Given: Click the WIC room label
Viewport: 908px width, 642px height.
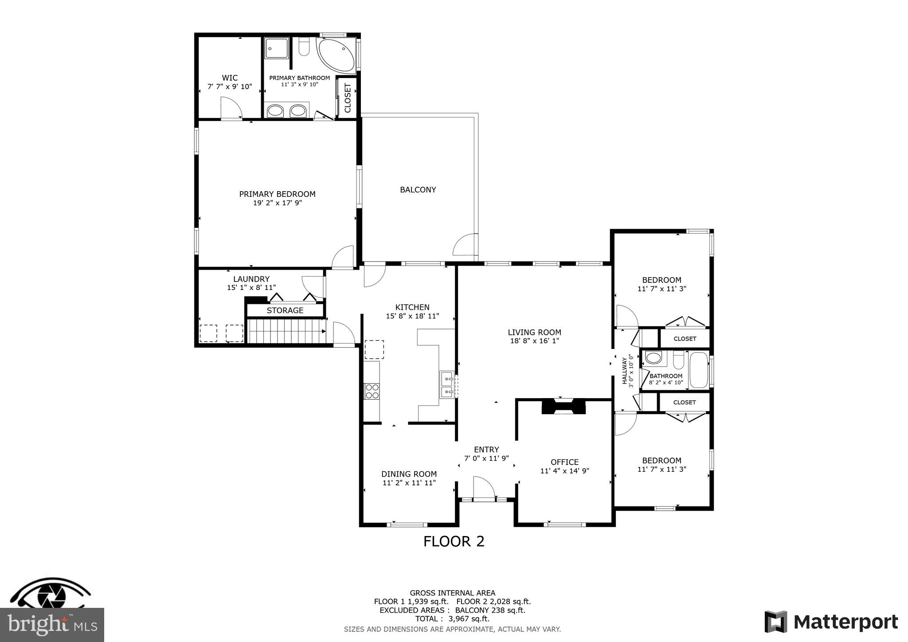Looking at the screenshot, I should coord(230,78).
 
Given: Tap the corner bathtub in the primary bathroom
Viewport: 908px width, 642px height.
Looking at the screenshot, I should coord(336,55).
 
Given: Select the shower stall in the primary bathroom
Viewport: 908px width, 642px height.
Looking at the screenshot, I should coord(277,48).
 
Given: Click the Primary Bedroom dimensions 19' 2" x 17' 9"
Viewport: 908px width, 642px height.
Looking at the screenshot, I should coord(277,203).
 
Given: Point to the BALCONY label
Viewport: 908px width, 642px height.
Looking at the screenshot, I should coord(418,190).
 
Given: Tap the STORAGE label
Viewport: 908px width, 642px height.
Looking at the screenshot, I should coord(285,310).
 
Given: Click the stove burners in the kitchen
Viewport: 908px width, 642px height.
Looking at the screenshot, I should coord(372,391).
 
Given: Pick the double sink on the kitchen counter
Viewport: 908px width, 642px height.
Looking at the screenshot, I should coord(446,385).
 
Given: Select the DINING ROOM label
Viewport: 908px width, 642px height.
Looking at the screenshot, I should coord(409,474).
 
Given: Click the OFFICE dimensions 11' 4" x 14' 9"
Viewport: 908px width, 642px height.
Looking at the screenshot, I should coord(564,471).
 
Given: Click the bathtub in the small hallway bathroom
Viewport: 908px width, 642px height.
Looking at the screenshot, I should coord(699,370).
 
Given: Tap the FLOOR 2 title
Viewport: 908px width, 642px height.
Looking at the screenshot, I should coord(454,541).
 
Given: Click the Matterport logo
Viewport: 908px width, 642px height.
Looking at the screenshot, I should coord(831,622).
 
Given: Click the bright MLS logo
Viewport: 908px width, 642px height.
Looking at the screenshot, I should coord(52,624).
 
